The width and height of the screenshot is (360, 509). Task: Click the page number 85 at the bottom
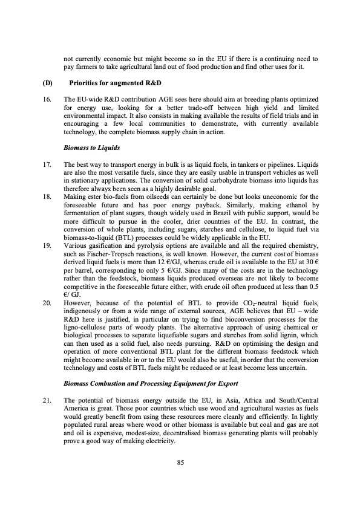(180, 462)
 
